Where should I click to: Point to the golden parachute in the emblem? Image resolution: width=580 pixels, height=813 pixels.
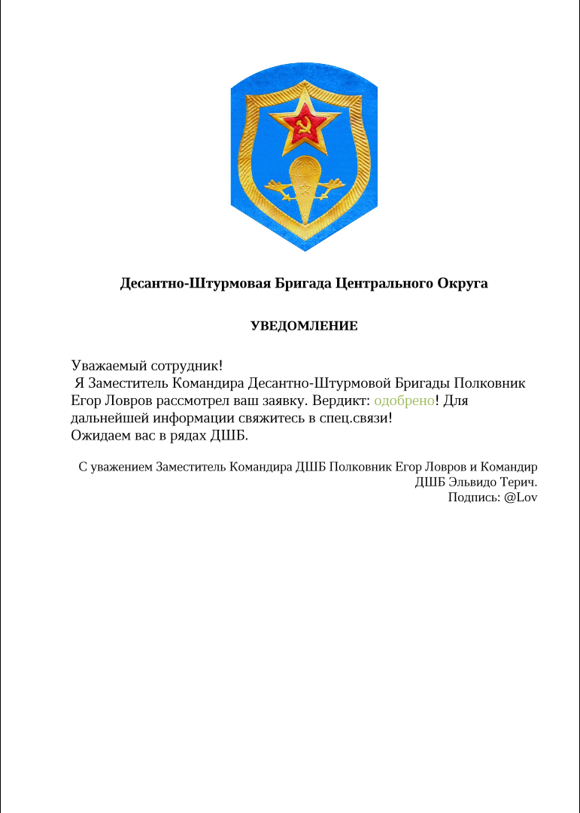[x=305, y=184]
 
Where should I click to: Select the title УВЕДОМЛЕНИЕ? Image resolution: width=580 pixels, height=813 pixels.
[x=304, y=327]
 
